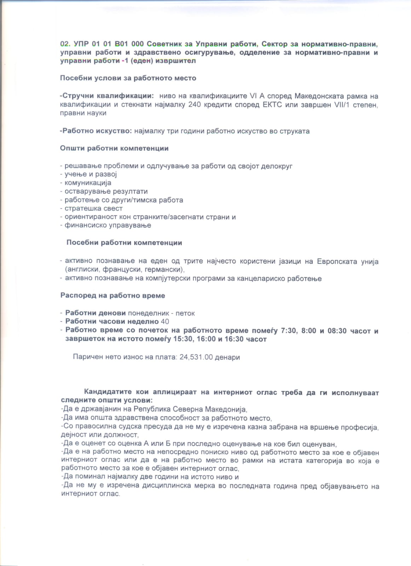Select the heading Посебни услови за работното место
(128, 78)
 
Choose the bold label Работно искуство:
(96, 131)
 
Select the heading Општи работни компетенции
(114, 148)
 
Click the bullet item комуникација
(88, 183)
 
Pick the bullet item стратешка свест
(93, 208)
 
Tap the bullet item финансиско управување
(108, 225)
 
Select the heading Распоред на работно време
(112, 295)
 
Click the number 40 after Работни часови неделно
(165, 322)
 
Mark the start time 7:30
(289, 331)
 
